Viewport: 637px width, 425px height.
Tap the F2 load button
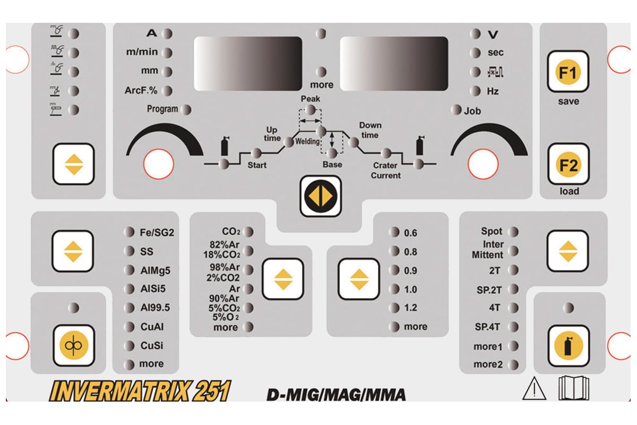point(567,165)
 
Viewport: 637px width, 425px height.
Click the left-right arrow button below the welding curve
point(320,196)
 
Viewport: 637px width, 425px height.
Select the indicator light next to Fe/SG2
point(129,232)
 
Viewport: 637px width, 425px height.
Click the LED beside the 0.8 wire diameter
point(393,251)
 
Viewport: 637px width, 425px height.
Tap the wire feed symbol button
point(73,346)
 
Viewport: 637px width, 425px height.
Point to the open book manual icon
point(574,388)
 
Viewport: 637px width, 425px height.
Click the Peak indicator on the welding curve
point(311,110)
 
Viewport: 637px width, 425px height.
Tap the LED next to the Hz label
point(475,91)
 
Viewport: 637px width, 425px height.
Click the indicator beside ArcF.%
point(167,90)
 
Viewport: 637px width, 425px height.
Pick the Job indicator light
point(455,110)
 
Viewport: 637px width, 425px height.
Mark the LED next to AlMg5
point(129,270)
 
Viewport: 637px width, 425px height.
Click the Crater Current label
point(386,171)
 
